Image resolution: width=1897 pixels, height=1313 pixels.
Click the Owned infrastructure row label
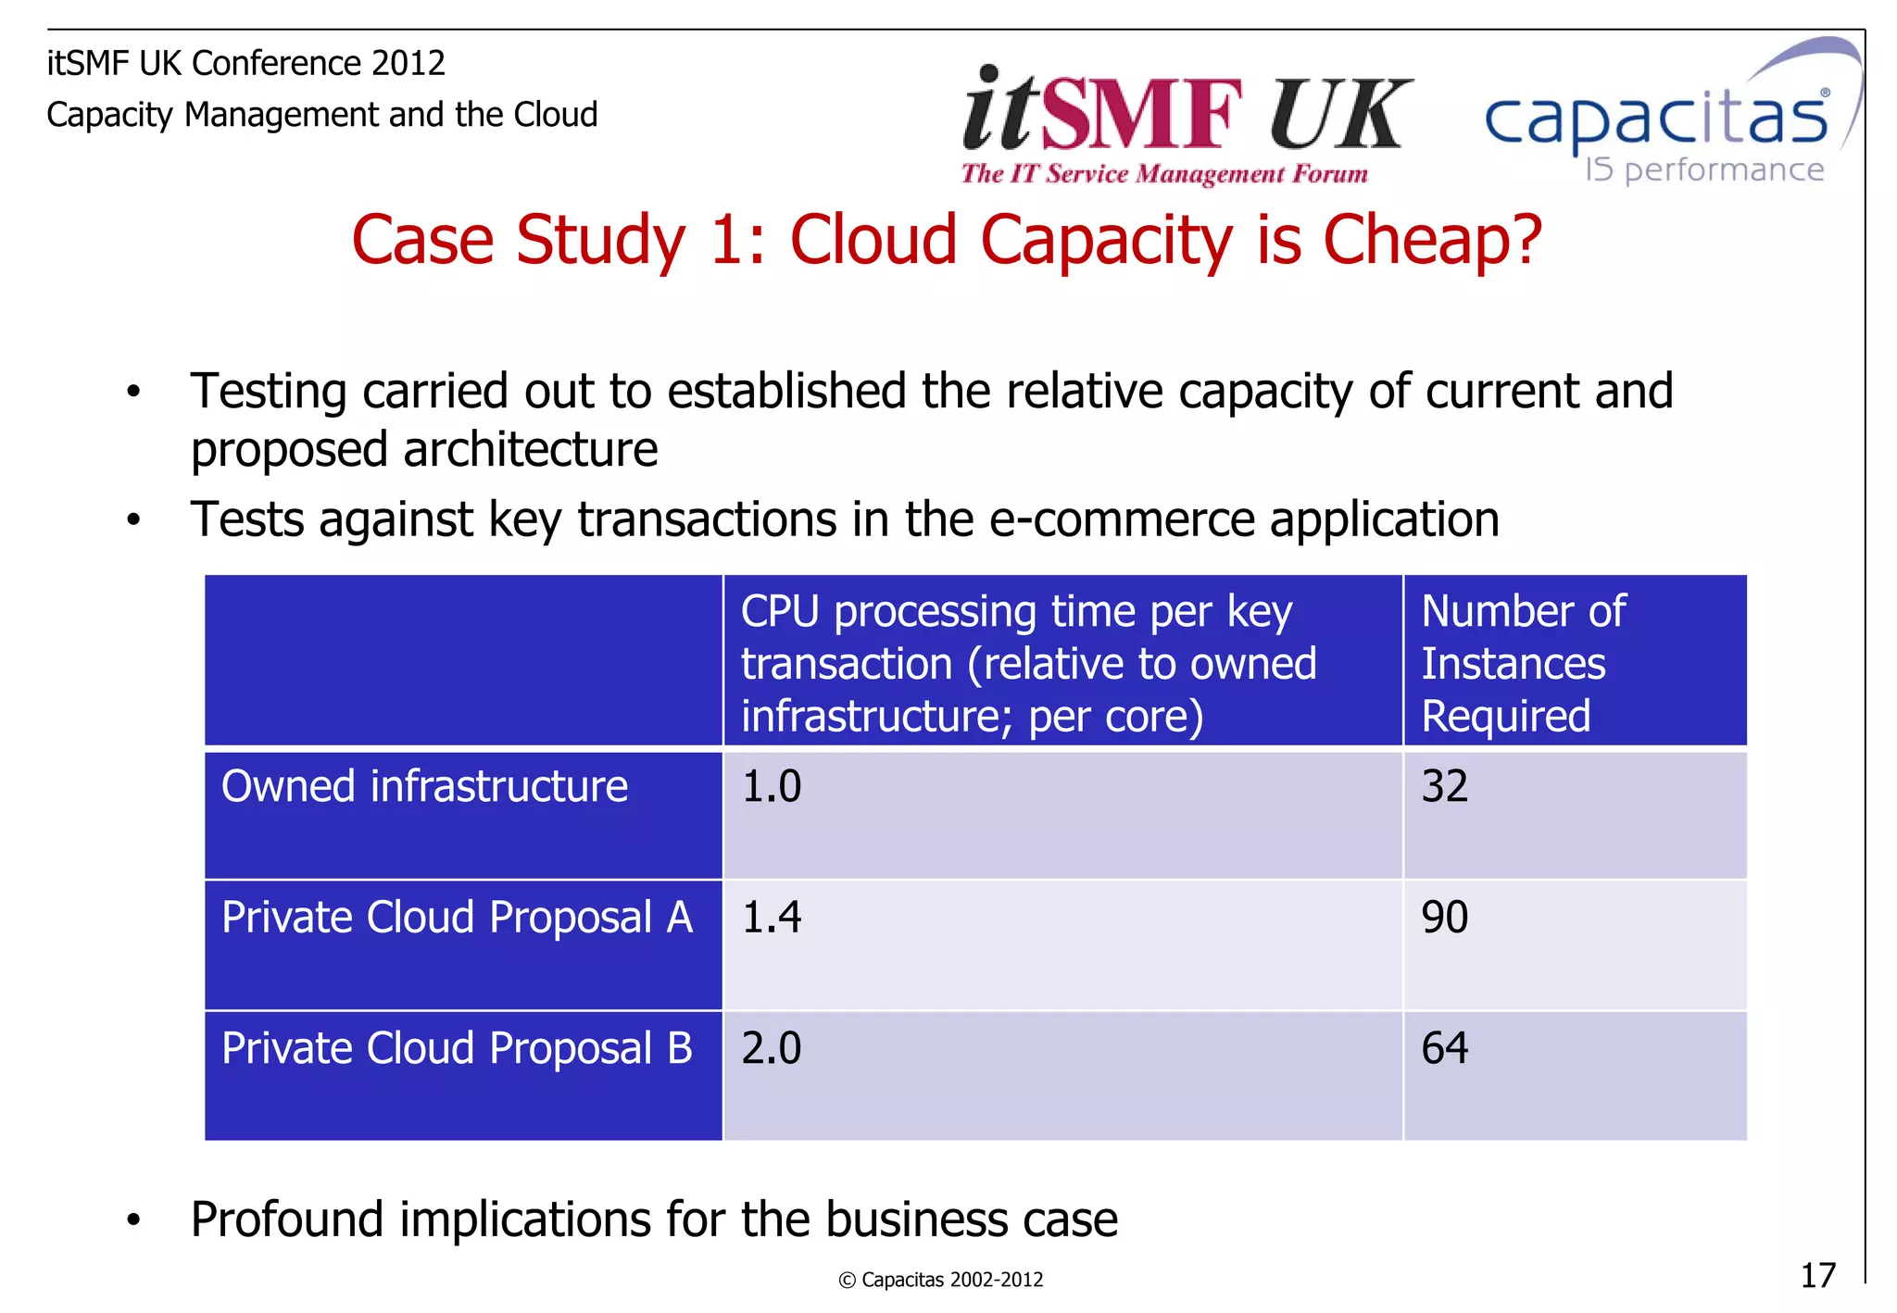point(424,787)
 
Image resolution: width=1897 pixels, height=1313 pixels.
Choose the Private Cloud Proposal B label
point(457,1049)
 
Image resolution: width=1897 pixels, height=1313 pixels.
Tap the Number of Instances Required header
point(1524,663)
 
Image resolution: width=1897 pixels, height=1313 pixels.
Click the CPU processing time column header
point(1028,663)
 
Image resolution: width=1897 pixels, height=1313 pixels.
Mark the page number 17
point(1817,1276)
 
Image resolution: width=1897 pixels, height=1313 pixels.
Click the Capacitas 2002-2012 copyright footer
point(941,1280)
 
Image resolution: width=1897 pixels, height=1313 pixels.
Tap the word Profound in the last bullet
point(286,1219)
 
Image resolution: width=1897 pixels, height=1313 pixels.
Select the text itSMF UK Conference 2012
point(246,64)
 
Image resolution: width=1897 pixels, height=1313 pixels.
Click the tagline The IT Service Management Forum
point(1164,174)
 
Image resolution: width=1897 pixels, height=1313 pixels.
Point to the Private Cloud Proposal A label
point(457,918)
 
